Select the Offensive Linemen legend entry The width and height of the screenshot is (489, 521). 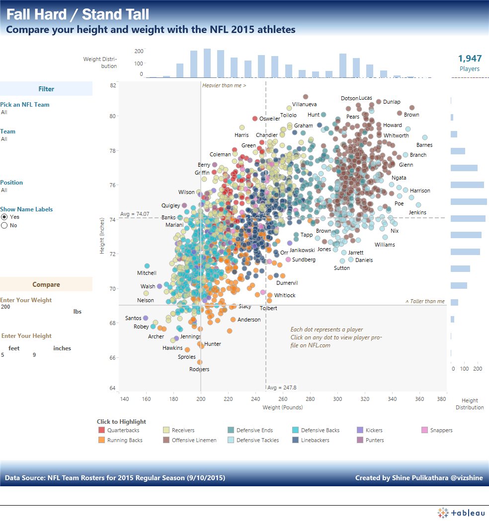click(194, 440)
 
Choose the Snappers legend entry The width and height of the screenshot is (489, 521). click(441, 430)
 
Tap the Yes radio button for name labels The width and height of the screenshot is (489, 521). click(4, 217)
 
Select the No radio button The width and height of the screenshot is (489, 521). click(4, 225)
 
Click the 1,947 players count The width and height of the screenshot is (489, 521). click(469, 59)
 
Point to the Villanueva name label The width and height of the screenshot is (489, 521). click(304, 105)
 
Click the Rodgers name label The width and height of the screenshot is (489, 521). click(199, 369)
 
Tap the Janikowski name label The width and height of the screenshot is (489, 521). click(302, 251)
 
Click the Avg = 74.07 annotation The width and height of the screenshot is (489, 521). click(134, 214)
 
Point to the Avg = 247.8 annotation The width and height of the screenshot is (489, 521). click(281, 388)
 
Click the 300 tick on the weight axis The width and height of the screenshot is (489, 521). click(337, 399)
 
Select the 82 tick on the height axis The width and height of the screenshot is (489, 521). click(113, 85)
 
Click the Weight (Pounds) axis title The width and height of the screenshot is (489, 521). click(282, 407)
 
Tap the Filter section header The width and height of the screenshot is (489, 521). click(46, 89)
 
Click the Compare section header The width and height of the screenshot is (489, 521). click(46, 284)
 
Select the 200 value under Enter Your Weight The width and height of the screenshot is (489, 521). click(5, 307)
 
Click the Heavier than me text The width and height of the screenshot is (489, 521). click(224, 85)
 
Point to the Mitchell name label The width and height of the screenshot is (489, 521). click(147, 273)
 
